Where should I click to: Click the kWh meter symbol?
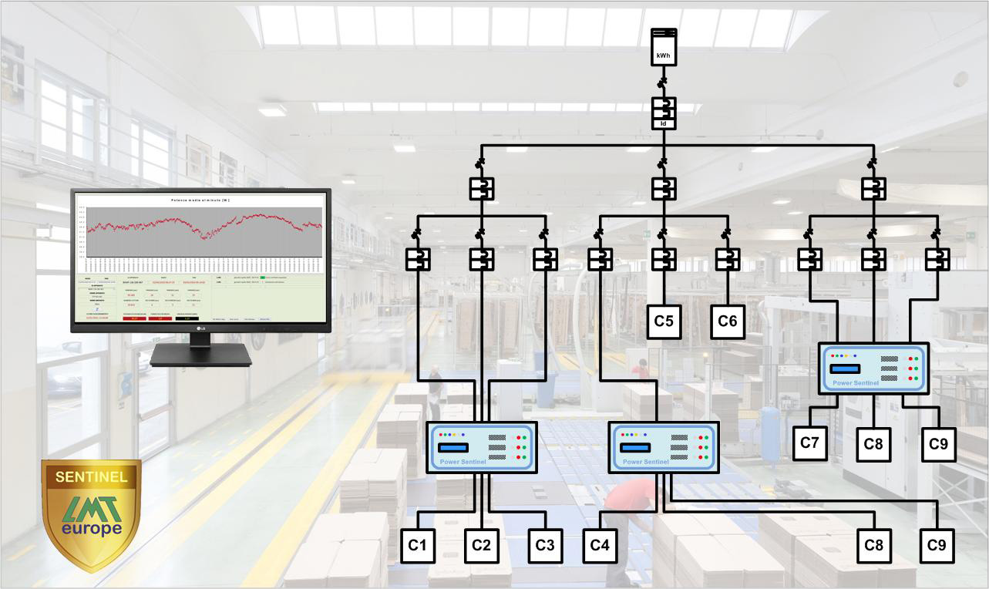[x=664, y=47]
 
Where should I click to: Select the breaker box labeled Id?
[x=664, y=113]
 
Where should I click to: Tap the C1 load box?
[x=417, y=545]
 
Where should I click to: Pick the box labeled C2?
[x=481, y=545]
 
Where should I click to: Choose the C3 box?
[x=544, y=545]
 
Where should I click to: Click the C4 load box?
[x=600, y=545]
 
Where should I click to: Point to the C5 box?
[x=664, y=321]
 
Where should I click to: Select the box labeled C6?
[x=728, y=321]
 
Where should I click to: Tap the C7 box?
[x=809, y=443]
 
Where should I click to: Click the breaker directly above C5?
[x=664, y=259]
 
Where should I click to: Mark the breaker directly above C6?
[x=728, y=259]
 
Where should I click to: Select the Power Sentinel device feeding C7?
[x=873, y=369]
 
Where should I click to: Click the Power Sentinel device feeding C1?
[x=482, y=447]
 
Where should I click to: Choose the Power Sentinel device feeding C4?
[x=664, y=447]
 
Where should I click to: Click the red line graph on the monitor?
[x=204, y=226]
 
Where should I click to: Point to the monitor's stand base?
[x=200, y=356]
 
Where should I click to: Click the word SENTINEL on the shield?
[x=91, y=477]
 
